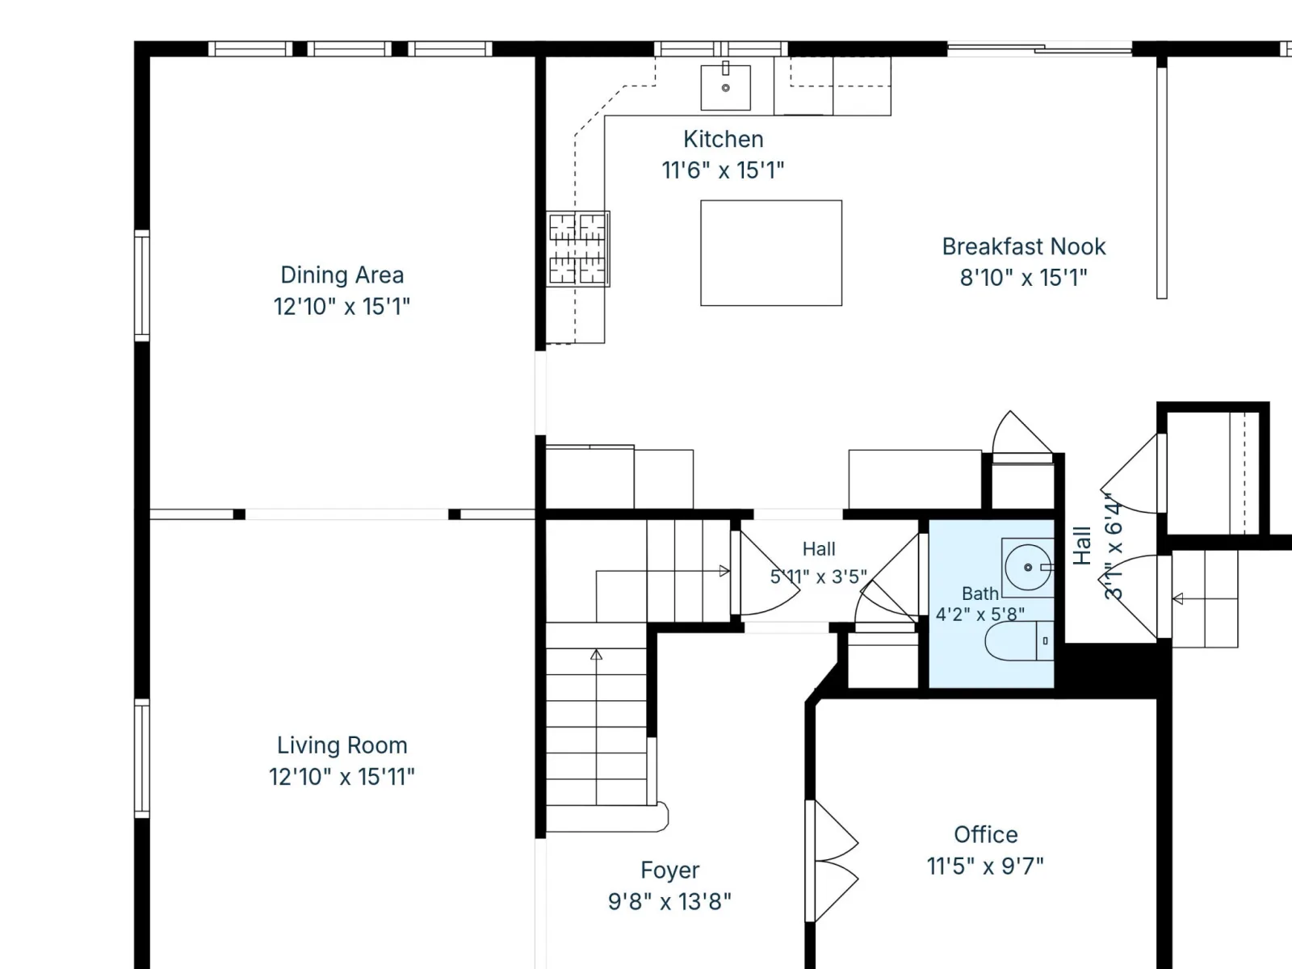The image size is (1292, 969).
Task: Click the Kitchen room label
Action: click(x=724, y=140)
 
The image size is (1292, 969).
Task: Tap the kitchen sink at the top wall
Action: click(x=725, y=87)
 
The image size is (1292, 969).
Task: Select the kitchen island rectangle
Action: click(x=771, y=253)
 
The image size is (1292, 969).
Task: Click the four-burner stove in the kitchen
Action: click(x=577, y=249)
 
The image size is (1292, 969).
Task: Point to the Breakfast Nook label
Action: click(x=1024, y=246)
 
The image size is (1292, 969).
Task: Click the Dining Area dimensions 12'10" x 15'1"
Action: click(x=342, y=307)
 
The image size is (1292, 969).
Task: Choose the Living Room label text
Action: click(x=342, y=745)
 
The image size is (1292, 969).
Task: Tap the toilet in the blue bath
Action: click(x=1019, y=640)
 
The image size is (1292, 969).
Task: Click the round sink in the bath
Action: click(x=1028, y=567)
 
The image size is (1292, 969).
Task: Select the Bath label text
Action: click(x=980, y=594)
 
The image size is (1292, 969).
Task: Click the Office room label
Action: click(x=986, y=834)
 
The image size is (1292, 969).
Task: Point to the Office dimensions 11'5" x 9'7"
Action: click(x=985, y=866)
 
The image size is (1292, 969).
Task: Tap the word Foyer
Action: click(x=670, y=870)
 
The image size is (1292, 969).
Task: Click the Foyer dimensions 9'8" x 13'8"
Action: click(x=670, y=901)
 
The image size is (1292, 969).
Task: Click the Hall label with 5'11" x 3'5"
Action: click(x=819, y=563)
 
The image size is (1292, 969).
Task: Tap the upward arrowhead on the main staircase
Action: click(x=596, y=654)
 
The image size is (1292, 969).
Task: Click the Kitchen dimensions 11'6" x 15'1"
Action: click(x=723, y=170)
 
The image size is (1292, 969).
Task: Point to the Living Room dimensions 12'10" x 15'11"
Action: click(x=342, y=777)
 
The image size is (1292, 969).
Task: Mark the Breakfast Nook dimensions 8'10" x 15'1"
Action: click(x=1024, y=278)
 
